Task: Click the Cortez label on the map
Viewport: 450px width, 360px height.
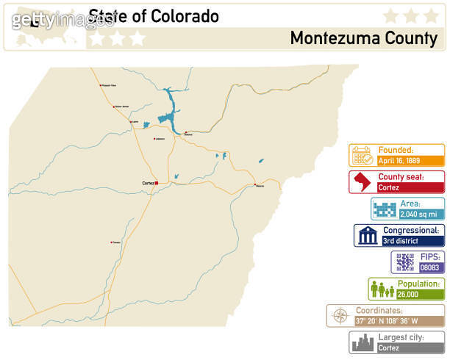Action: [x=146, y=183]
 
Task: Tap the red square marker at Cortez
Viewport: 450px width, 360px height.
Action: [x=156, y=183]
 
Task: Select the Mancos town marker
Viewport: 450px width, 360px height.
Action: [x=255, y=184]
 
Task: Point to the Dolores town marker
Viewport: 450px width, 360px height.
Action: [x=185, y=132]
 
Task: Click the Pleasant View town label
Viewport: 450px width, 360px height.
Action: [x=110, y=85]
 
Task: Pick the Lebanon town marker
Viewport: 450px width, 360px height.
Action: [x=154, y=138]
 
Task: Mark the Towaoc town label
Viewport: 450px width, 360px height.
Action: [x=116, y=242]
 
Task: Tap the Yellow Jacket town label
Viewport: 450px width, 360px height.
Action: [x=122, y=106]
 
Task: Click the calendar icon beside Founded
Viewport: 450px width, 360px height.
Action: [x=362, y=155]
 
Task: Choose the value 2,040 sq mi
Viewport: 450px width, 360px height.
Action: [x=418, y=214]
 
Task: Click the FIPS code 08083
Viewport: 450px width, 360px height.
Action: [x=429, y=267]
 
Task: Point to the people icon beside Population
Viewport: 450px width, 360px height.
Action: [x=382, y=289]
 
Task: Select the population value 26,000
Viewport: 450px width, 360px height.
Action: [x=409, y=295]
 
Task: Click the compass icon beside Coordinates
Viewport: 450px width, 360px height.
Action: [x=340, y=316]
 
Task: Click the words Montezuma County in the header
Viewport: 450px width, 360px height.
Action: [x=363, y=37]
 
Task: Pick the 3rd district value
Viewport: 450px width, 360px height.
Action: [x=399, y=240]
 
